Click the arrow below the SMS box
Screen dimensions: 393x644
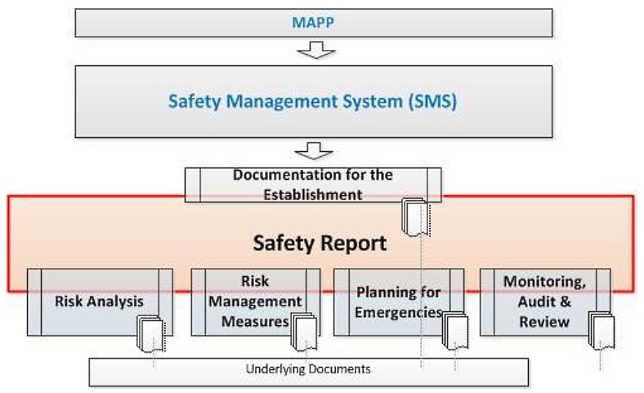(313, 152)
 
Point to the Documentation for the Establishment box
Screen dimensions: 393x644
(313, 185)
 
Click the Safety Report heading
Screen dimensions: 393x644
(319, 243)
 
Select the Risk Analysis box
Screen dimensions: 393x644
(99, 301)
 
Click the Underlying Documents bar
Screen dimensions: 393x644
(308, 369)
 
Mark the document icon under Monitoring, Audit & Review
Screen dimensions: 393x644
(601, 330)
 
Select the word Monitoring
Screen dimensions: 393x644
(544, 282)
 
